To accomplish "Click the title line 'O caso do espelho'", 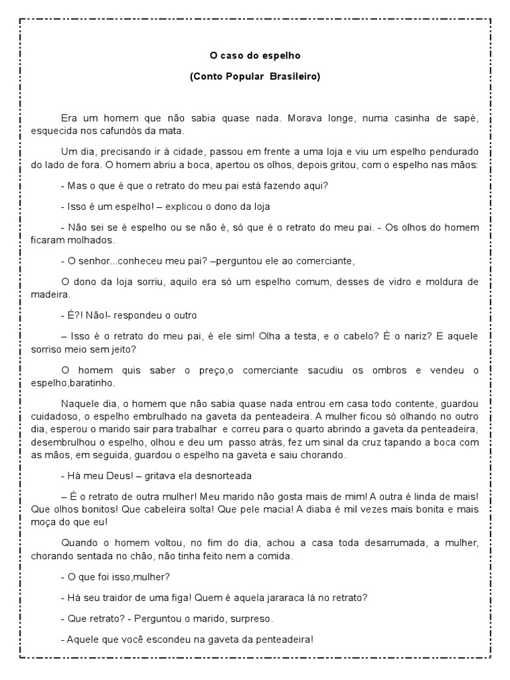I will (x=255, y=55).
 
